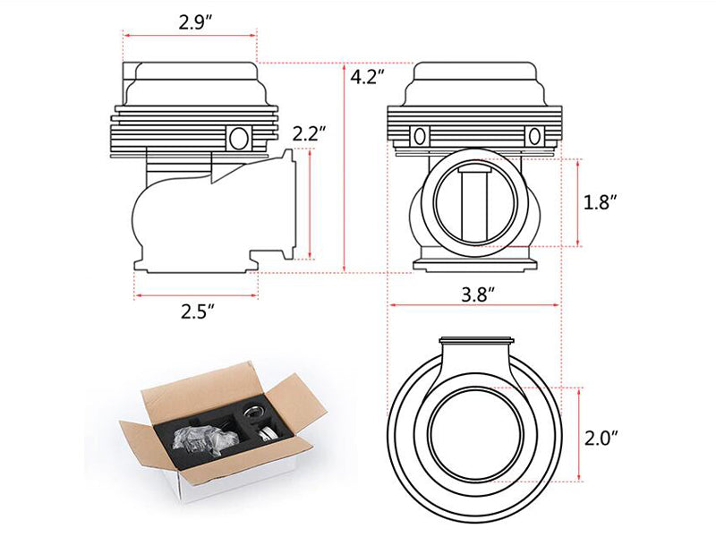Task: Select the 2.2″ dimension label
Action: coord(309,133)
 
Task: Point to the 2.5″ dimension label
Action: coord(197,311)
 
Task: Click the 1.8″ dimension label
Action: coord(600,202)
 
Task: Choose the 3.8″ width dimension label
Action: coord(478,294)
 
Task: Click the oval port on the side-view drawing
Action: coord(238,138)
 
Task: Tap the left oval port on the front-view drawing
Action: coord(420,136)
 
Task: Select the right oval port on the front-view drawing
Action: coord(534,136)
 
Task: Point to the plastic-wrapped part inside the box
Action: coord(207,439)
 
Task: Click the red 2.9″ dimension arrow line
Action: coord(191,35)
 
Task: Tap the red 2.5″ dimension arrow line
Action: coord(196,295)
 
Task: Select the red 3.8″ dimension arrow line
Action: coord(474,304)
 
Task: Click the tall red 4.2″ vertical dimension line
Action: coord(345,167)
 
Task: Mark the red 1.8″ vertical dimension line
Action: coord(577,202)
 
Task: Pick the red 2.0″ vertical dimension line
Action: coord(579,434)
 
